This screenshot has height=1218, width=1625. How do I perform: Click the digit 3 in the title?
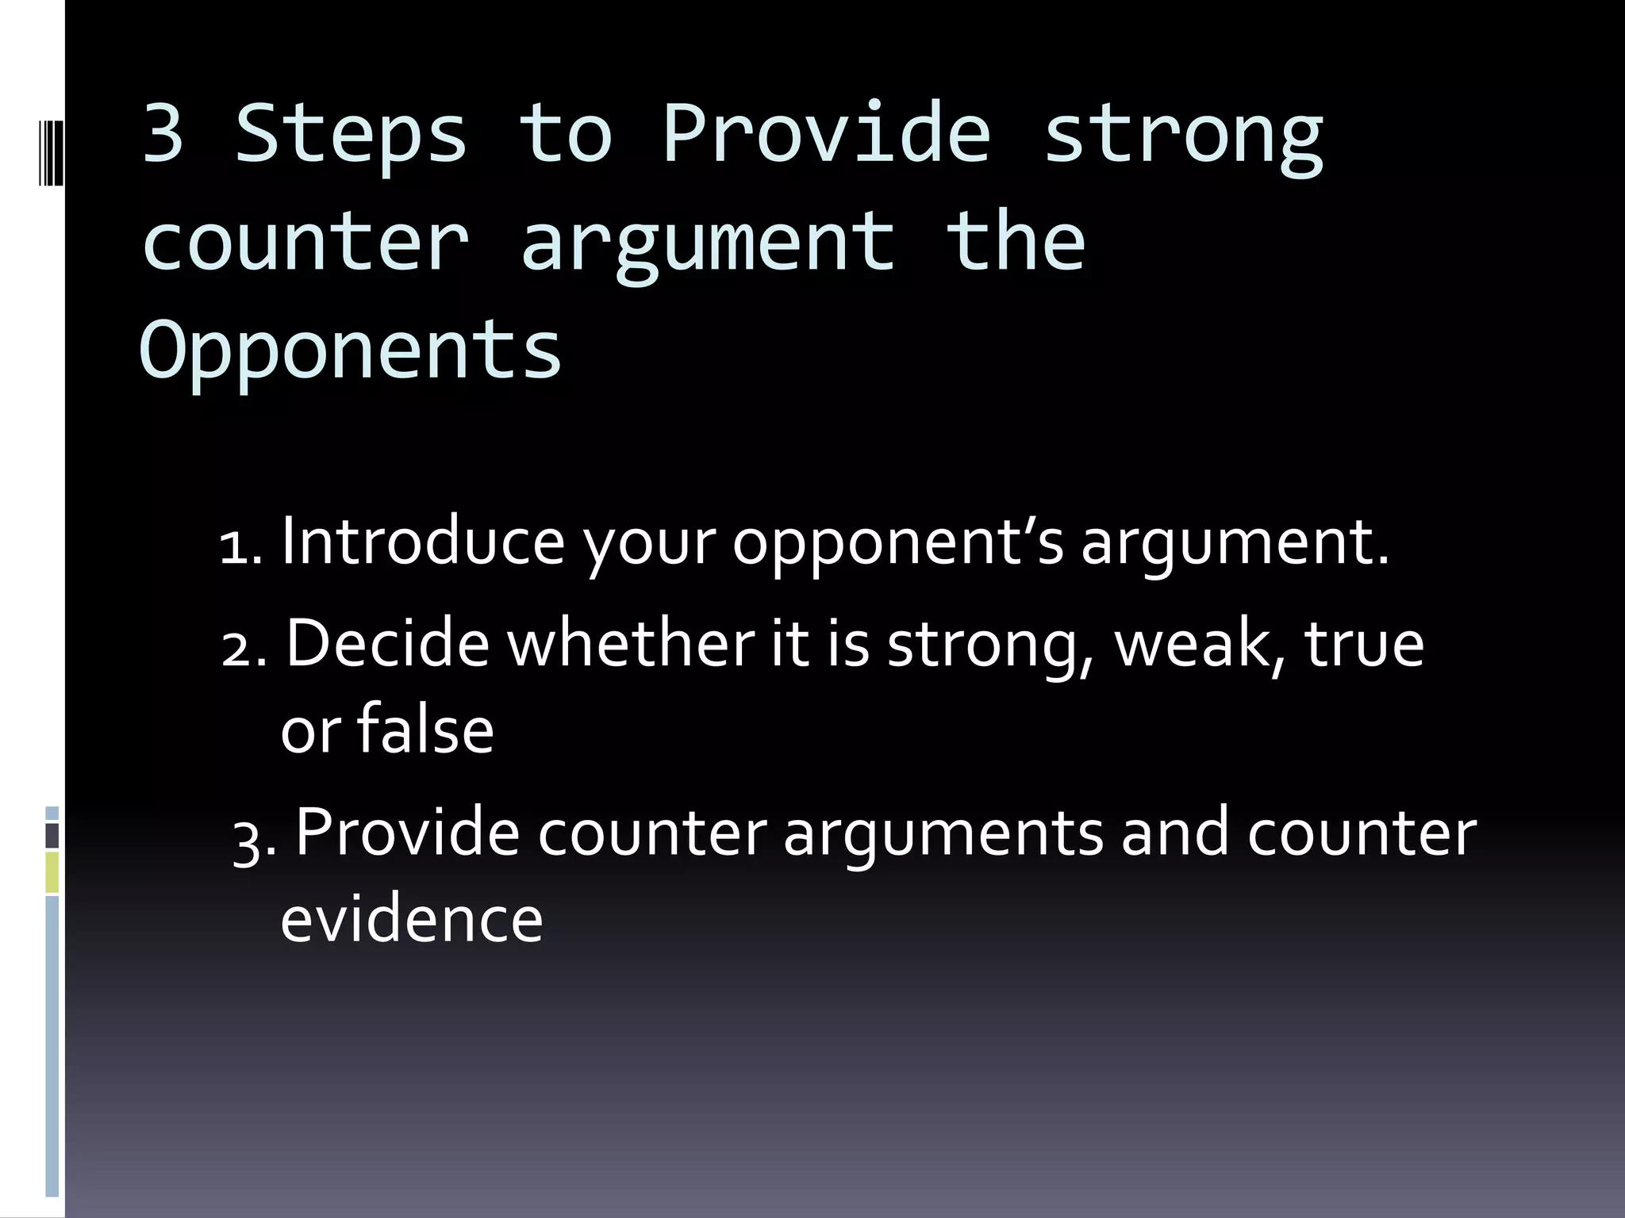click(x=163, y=133)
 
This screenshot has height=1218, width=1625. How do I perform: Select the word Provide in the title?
click(x=827, y=133)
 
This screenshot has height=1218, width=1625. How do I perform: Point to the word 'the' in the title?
click(x=1016, y=241)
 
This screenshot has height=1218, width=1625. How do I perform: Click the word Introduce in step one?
click(x=423, y=542)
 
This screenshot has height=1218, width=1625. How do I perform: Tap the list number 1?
click(x=239, y=547)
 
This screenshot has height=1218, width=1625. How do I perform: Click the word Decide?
click(x=387, y=643)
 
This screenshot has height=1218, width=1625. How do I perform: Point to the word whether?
click(x=631, y=643)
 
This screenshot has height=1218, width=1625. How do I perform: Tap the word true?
click(x=1364, y=643)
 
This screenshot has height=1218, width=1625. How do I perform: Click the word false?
click(x=425, y=730)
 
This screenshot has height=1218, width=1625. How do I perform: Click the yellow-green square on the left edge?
click(x=52, y=872)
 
